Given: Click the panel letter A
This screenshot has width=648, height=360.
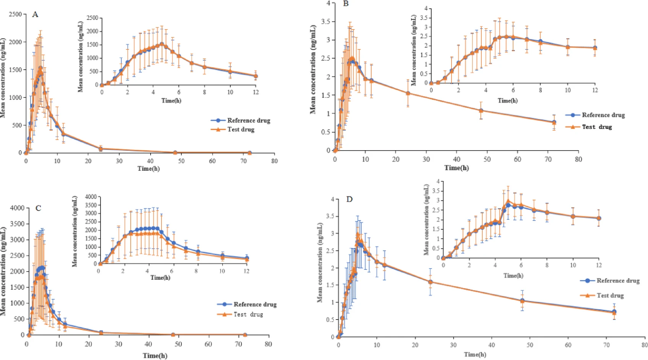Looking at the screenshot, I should (x=35, y=15).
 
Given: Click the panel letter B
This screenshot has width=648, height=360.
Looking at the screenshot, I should (x=346, y=4).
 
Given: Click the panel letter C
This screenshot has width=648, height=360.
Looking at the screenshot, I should (x=38, y=208).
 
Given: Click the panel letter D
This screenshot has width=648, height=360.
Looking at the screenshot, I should (x=349, y=199).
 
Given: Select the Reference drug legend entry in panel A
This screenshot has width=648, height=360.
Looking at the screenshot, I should (x=241, y=120).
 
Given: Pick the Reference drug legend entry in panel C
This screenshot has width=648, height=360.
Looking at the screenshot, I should (x=247, y=304).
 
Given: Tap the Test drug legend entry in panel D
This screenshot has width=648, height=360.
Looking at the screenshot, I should (x=602, y=295).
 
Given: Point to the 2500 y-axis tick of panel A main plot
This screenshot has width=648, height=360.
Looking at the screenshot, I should (x=15, y=14).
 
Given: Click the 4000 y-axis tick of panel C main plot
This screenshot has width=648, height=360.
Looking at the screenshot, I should (x=17, y=208).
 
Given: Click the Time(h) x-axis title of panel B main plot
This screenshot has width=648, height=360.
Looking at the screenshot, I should (x=456, y=168).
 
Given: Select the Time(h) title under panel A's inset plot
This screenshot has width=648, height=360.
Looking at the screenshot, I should (x=171, y=101).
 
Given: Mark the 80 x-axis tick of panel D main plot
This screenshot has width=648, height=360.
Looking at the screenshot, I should (x=645, y=345).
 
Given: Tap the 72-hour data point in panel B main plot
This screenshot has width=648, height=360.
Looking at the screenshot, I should (x=554, y=122).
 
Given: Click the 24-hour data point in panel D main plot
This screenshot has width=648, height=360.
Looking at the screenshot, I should (x=430, y=282).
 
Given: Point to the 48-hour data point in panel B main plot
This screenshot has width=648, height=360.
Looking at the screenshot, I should (x=481, y=111).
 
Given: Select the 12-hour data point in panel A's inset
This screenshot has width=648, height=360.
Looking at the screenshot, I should (x=256, y=76).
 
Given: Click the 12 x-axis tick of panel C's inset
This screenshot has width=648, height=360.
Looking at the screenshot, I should (x=247, y=271).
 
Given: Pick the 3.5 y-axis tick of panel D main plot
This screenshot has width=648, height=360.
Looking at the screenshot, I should (x=330, y=216).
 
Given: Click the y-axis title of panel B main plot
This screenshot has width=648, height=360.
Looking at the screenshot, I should (x=313, y=70).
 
